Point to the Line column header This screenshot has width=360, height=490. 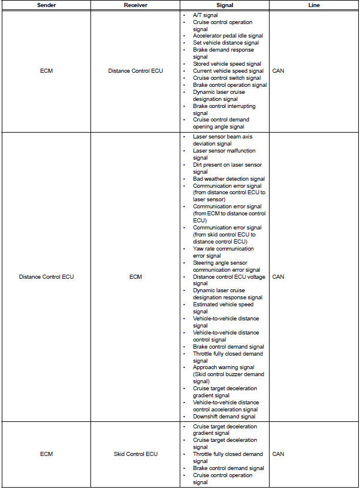[314, 5]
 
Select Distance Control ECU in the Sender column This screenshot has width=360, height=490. [46, 276]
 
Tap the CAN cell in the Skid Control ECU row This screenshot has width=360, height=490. [278, 454]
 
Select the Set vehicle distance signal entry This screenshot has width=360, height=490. [226, 43]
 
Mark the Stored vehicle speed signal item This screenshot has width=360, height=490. [227, 64]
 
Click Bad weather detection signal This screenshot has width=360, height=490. [228, 179]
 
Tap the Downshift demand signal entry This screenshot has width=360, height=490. [224, 417]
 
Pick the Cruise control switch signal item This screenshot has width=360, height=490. [227, 78]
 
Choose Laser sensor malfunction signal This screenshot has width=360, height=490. [224, 154]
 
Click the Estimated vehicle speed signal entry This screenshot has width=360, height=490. [223, 308]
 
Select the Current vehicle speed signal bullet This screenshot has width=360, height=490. [228, 71]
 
